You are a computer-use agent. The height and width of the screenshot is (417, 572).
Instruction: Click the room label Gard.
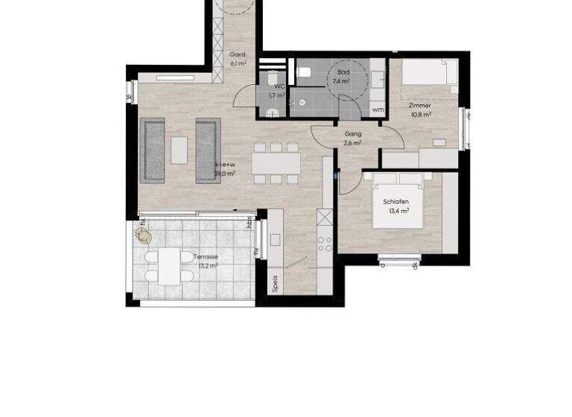click(238, 55)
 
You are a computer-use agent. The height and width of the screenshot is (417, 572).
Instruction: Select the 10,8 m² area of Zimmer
click(419, 115)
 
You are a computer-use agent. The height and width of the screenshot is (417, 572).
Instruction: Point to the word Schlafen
click(395, 202)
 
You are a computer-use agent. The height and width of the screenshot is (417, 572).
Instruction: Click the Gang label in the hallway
click(353, 134)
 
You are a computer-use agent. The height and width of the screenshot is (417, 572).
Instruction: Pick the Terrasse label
click(206, 256)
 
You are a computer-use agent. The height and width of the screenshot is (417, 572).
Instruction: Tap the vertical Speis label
click(275, 283)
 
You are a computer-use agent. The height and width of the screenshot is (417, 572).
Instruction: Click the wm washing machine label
click(378, 110)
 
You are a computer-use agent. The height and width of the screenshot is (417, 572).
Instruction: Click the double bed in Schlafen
click(398, 200)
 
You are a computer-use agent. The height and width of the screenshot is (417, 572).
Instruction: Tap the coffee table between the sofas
click(179, 149)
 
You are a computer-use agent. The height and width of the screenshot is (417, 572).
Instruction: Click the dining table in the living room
click(276, 163)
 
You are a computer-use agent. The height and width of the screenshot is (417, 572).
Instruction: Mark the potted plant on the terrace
click(143, 235)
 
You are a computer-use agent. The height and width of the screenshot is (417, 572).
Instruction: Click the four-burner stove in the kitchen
click(325, 246)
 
